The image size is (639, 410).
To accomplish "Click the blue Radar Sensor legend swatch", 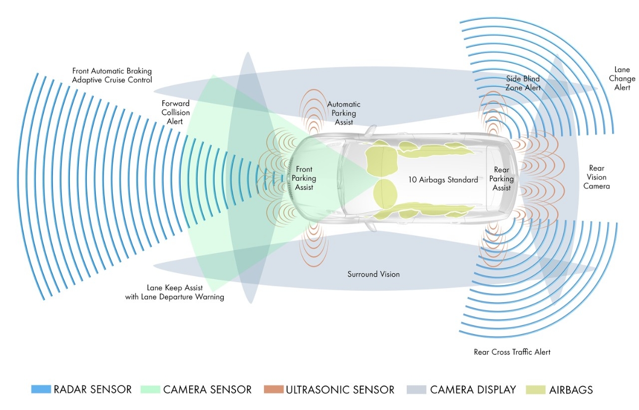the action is [41, 390].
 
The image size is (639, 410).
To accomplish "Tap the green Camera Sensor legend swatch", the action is [150, 390].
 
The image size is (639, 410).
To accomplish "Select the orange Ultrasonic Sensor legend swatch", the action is [274, 390].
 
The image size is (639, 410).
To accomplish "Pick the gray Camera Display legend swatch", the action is [416, 390].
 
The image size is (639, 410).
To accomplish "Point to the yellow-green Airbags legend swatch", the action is [536, 390].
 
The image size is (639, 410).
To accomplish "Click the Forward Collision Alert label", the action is [175, 112].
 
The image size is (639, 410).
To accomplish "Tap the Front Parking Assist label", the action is [304, 178].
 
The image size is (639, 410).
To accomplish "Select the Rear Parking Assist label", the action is [502, 179].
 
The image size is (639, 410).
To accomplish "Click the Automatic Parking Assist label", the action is [344, 113].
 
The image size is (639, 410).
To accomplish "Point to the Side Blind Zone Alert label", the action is [523, 83].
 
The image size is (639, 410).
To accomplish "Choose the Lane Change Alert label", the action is [622, 78].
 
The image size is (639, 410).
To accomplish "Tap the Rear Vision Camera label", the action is [597, 177].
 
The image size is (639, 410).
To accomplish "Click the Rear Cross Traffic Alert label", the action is [512, 352].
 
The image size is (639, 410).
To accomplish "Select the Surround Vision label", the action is [373, 274].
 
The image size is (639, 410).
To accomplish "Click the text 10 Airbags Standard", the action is [443, 180].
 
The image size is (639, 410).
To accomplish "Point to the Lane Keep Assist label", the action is [175, 288].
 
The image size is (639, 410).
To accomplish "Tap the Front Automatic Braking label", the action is [112, 71].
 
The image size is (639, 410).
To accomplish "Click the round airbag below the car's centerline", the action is [385, 194].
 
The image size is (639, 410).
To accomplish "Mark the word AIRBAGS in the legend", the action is [571, 390].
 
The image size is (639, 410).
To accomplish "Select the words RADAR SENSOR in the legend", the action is [93, 390].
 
